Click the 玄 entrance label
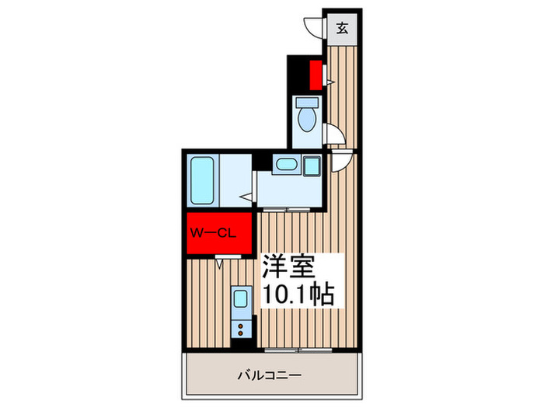(x=342, y=30)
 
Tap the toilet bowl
(x=305, y=120)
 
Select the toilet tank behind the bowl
(x=305, y=103)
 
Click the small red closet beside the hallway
(x=316, y=75)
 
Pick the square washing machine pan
(x=312, y=166)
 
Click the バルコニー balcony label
(x=269, y=376)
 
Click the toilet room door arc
(x=334, y=134)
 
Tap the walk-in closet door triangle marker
(x=221, y=263)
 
